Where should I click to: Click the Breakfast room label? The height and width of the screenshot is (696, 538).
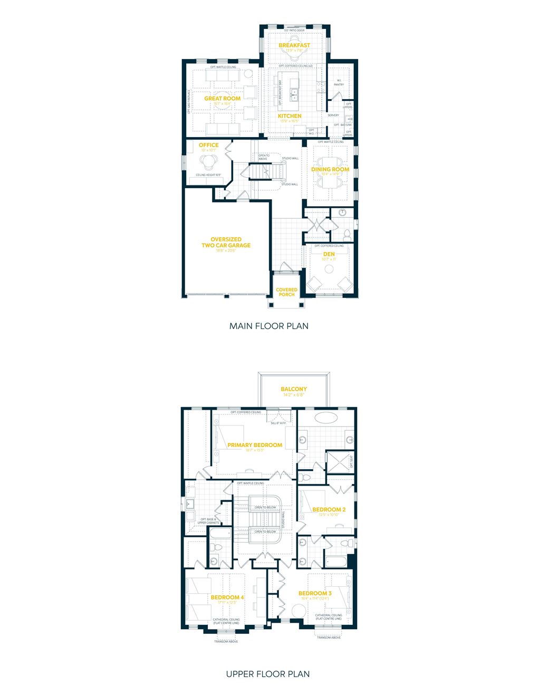[294, 45]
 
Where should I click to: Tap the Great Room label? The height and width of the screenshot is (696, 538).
[222, 99]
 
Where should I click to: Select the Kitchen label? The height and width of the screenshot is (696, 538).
[290, 116]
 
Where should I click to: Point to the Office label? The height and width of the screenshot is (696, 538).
[208, 145]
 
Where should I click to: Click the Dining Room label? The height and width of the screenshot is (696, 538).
[330, 169]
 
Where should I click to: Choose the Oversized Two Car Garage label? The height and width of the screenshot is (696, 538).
[226, 243]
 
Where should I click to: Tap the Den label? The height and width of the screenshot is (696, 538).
[329, 254]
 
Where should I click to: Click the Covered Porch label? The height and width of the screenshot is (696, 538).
[286, 292]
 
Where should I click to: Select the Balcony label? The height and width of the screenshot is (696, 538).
[294, 389]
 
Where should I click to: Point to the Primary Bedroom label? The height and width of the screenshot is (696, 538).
[255, 445]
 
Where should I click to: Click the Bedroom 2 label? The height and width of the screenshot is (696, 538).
[329, 510]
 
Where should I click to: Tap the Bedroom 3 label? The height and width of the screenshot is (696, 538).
[315, 593]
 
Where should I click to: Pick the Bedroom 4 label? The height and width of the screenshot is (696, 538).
[227, 597]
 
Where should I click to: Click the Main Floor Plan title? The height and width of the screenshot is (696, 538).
[268, 326]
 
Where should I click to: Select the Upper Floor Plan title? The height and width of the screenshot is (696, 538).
[268, 674]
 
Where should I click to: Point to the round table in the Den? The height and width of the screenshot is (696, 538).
[329, 269]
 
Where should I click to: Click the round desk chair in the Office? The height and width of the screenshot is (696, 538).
[205, 161]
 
